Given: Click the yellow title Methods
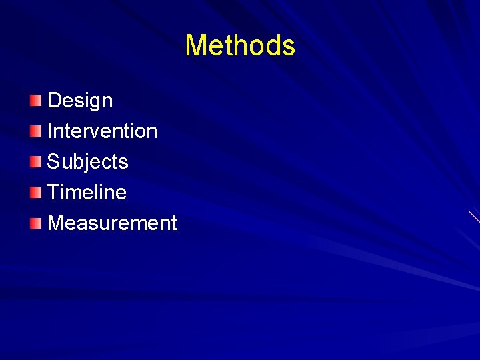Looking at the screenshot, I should coord(240,45).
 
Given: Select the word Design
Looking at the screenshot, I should coord(80,101).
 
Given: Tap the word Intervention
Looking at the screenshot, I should coord(102,131).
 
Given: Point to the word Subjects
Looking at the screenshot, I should coord(87,161).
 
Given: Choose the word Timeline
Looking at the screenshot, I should coord(87,192).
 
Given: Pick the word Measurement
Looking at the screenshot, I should coord(112,223).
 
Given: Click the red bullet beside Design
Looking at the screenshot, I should coord(35,101).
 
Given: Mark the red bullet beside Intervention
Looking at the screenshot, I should coord(35,131).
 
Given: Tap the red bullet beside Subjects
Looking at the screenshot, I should coord(35,162).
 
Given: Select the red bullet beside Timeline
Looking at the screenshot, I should coord(35,193).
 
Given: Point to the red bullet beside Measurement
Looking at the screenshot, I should coord(35,223).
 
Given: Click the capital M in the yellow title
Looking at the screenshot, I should coord(196,45).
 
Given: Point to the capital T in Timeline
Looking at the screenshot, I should coord(54,192).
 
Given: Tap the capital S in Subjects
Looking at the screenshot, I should coord(54,161).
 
